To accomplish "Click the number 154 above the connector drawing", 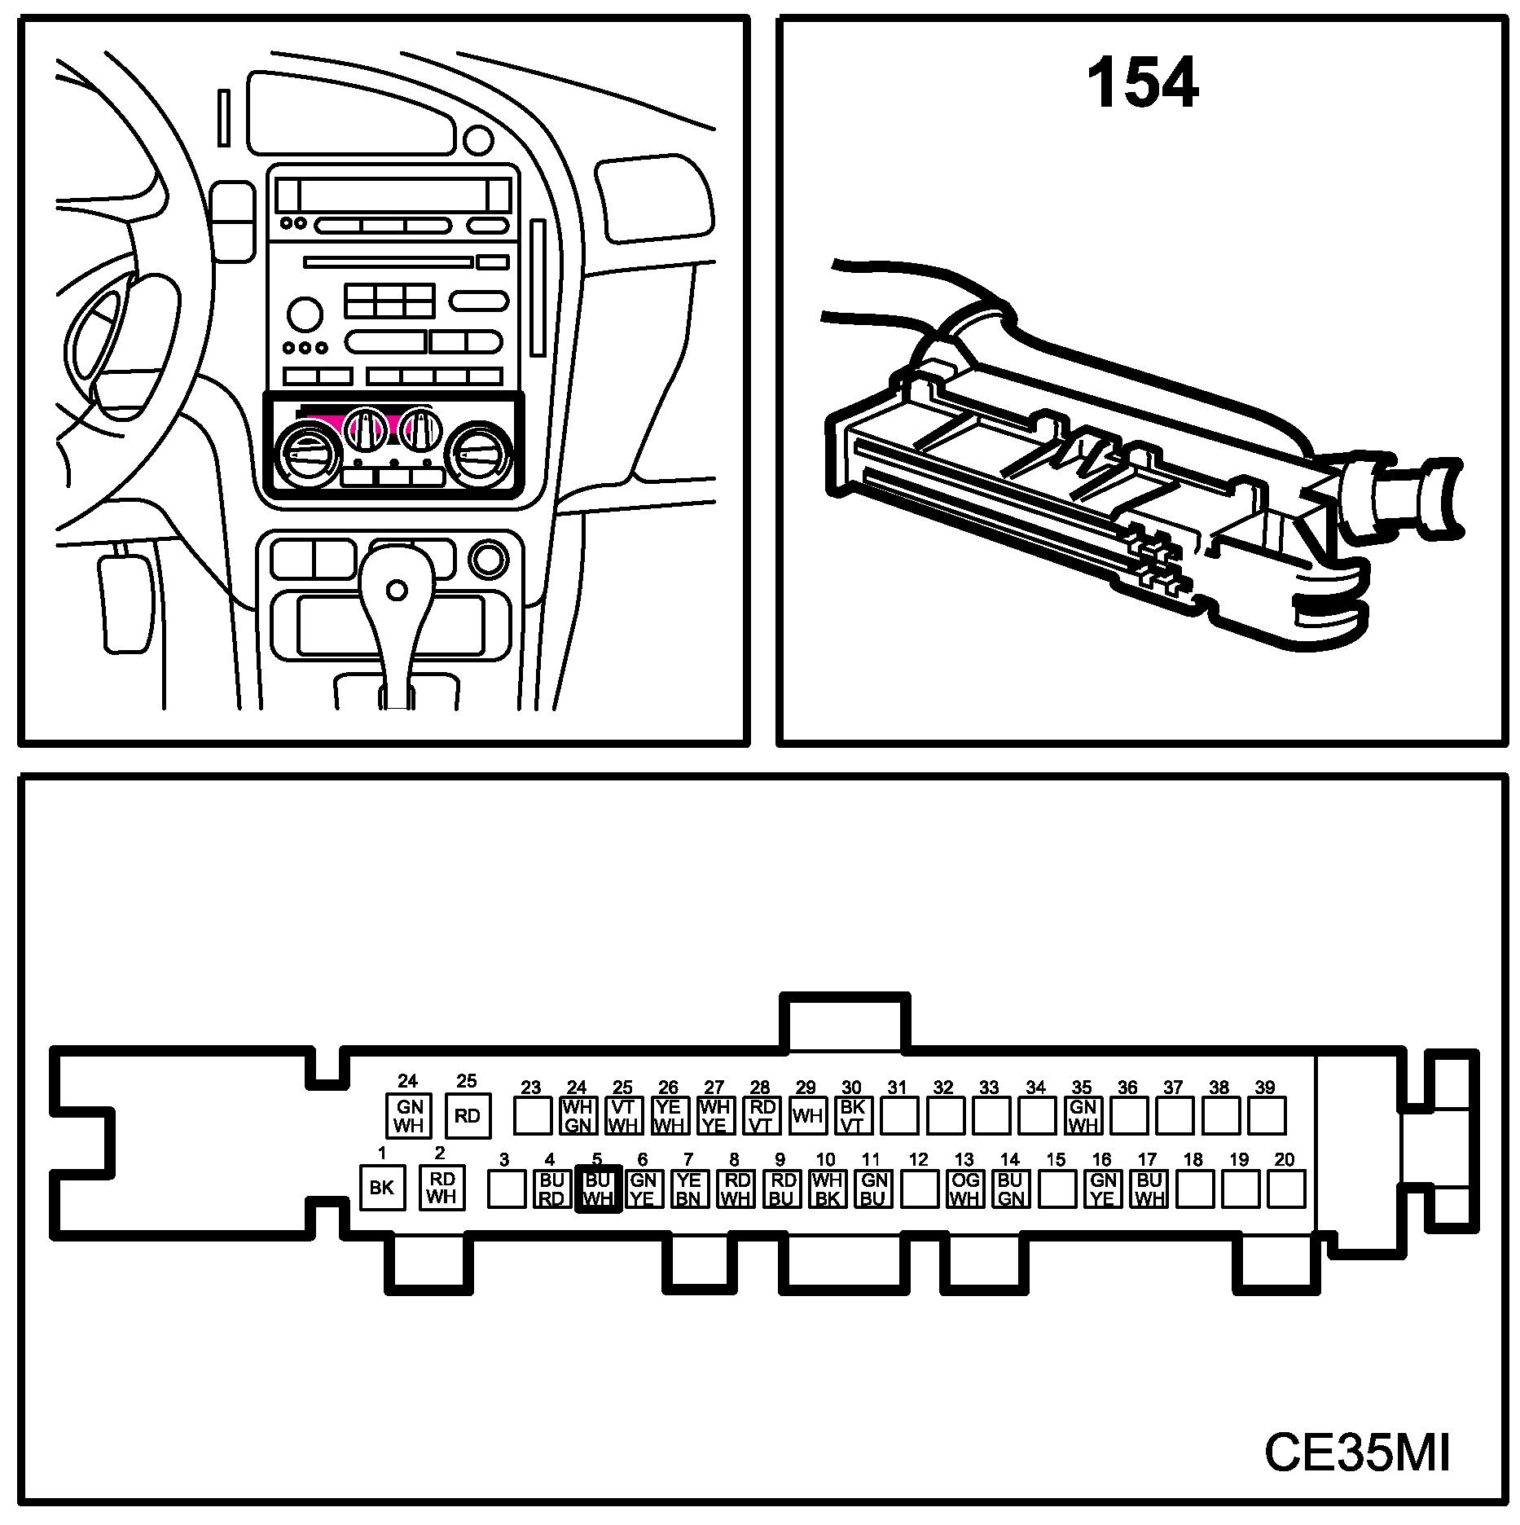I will pos(1142,83).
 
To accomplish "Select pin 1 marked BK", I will pos(382,1188).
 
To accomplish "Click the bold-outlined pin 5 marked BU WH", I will pos(598,1189).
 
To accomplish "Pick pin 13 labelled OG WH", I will pos(964,1189).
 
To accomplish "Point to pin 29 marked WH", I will pos(807,1115).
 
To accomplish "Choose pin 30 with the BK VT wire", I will pos(853,1115).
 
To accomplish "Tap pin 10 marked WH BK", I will pos(827,1189).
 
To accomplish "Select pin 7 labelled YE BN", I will pos(689,1189).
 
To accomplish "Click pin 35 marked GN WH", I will pos(1083,1115).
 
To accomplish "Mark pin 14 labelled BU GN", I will pos(1010,1189).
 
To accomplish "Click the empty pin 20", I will pos(1286,1189).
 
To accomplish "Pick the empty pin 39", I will pos(1267,1115).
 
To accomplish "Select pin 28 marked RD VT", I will pos(762,1115).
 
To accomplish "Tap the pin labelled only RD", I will pos(468,1116).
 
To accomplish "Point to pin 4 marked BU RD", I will pos(552,1189).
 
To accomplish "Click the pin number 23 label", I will pos(531,1087).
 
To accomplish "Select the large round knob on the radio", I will pos(305,313).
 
